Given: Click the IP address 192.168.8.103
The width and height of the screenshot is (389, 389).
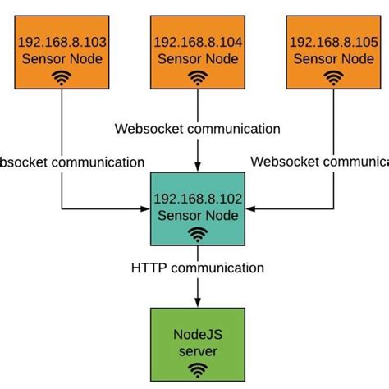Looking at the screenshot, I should pyautogui.click(x=62, y=42).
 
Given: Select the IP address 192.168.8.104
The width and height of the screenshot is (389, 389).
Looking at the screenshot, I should pyautogui.click(x=197, y=42).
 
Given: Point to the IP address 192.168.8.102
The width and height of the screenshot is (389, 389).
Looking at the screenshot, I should pyautogui.click(x=197, y=199).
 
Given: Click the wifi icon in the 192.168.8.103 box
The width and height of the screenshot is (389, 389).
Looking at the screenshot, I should pyautogui.click(x=62, y=78).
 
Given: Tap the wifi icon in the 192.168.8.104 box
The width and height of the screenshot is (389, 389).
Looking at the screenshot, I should pyautogui.click(x=197, y=78).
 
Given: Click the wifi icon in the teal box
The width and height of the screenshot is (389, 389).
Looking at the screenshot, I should pyautogui.click(x=197, y=236).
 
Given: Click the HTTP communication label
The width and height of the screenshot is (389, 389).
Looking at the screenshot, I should pyautogui.click(x=197, y=268).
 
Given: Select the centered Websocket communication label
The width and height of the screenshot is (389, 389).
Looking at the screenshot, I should pyautogui.click(x=197, y=129).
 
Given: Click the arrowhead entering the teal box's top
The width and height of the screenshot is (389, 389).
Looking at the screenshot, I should pyautogui.click(x=197, y=167).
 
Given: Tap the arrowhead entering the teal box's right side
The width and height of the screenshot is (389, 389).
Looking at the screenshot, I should pyautogui.click(x=250, y=208).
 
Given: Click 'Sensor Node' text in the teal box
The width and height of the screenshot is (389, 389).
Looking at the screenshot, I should pyautogui.click(x=197, y=216).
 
